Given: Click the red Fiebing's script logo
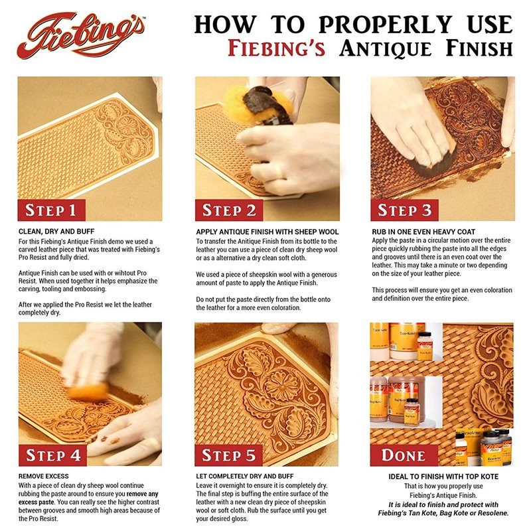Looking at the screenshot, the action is coord(81,36).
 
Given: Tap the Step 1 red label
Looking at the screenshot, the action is coord(51,210).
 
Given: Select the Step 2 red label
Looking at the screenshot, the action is coord(229,210).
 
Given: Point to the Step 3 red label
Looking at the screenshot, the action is coord(404,210).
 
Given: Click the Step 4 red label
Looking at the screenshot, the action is coord(52,455).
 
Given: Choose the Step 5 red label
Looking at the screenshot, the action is coord(229,455).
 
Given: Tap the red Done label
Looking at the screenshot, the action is coord(404,455).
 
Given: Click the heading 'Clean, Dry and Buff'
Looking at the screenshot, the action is coord(56,232).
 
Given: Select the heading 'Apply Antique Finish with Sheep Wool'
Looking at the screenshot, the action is coord(267,232).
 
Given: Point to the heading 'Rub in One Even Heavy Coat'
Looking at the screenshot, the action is coord(423,232).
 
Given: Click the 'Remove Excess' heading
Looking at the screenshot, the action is coord(44,476).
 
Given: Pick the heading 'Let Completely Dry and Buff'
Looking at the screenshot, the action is coord(245,476).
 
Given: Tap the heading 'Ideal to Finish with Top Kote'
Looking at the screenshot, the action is coord(443,477).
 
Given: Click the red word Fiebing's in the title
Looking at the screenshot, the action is coord(276,48).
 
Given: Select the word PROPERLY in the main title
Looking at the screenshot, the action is coord(385,25).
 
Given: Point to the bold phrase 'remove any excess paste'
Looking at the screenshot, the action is coord(89,498).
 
